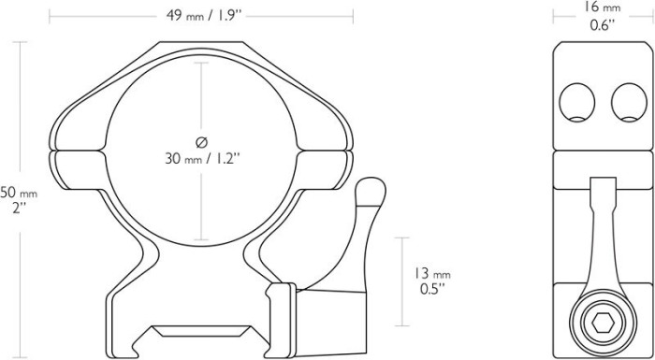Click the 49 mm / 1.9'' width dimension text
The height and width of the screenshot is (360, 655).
click(x=201, y=16)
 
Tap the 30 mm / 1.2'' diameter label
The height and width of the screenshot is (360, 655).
click(x=201, y=159)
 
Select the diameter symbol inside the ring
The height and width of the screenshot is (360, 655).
click(x=201, y=140)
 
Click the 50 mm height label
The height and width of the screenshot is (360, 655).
click(x=19, y=193)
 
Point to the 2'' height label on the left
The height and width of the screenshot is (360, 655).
click(x=19, y=209)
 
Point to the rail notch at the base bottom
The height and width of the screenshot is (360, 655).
click(x=199, y=331)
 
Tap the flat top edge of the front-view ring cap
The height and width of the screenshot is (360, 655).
click(x=201, y=43)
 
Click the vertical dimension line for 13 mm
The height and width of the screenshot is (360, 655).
click(x=402, y=281)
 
